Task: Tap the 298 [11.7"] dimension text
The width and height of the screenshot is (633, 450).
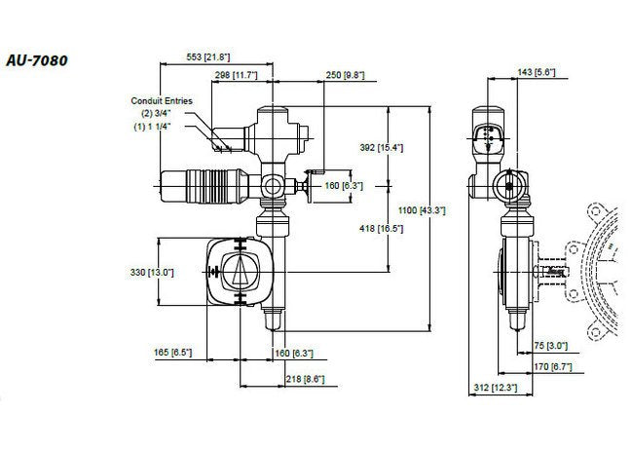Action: (x=236, y=74)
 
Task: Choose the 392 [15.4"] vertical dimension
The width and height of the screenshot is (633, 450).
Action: (x=383, y=146)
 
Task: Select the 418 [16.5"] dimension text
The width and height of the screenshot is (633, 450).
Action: (x=383, y=227)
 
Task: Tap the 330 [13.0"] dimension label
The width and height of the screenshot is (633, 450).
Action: (x=152, y=273)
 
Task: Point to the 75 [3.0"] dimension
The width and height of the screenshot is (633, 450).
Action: (x=552, y=345)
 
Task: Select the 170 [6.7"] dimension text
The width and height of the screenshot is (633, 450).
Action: (x=563, y=366)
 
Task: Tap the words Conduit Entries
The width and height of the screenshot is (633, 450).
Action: (x=165, y=100)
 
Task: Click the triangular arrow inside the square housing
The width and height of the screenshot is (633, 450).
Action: (x=240, y=272)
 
